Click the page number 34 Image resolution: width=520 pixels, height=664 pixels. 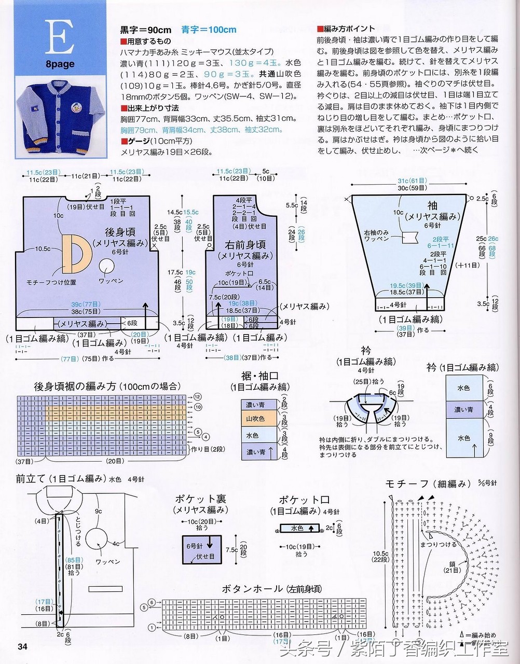point(22,646)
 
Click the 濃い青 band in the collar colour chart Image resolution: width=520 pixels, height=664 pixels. point(464,410)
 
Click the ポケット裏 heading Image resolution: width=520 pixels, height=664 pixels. point(201,499)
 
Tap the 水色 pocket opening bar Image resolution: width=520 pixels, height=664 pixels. point(299,529)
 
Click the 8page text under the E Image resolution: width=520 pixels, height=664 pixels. point(59,64)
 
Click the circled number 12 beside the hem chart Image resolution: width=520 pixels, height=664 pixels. point(198,397)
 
